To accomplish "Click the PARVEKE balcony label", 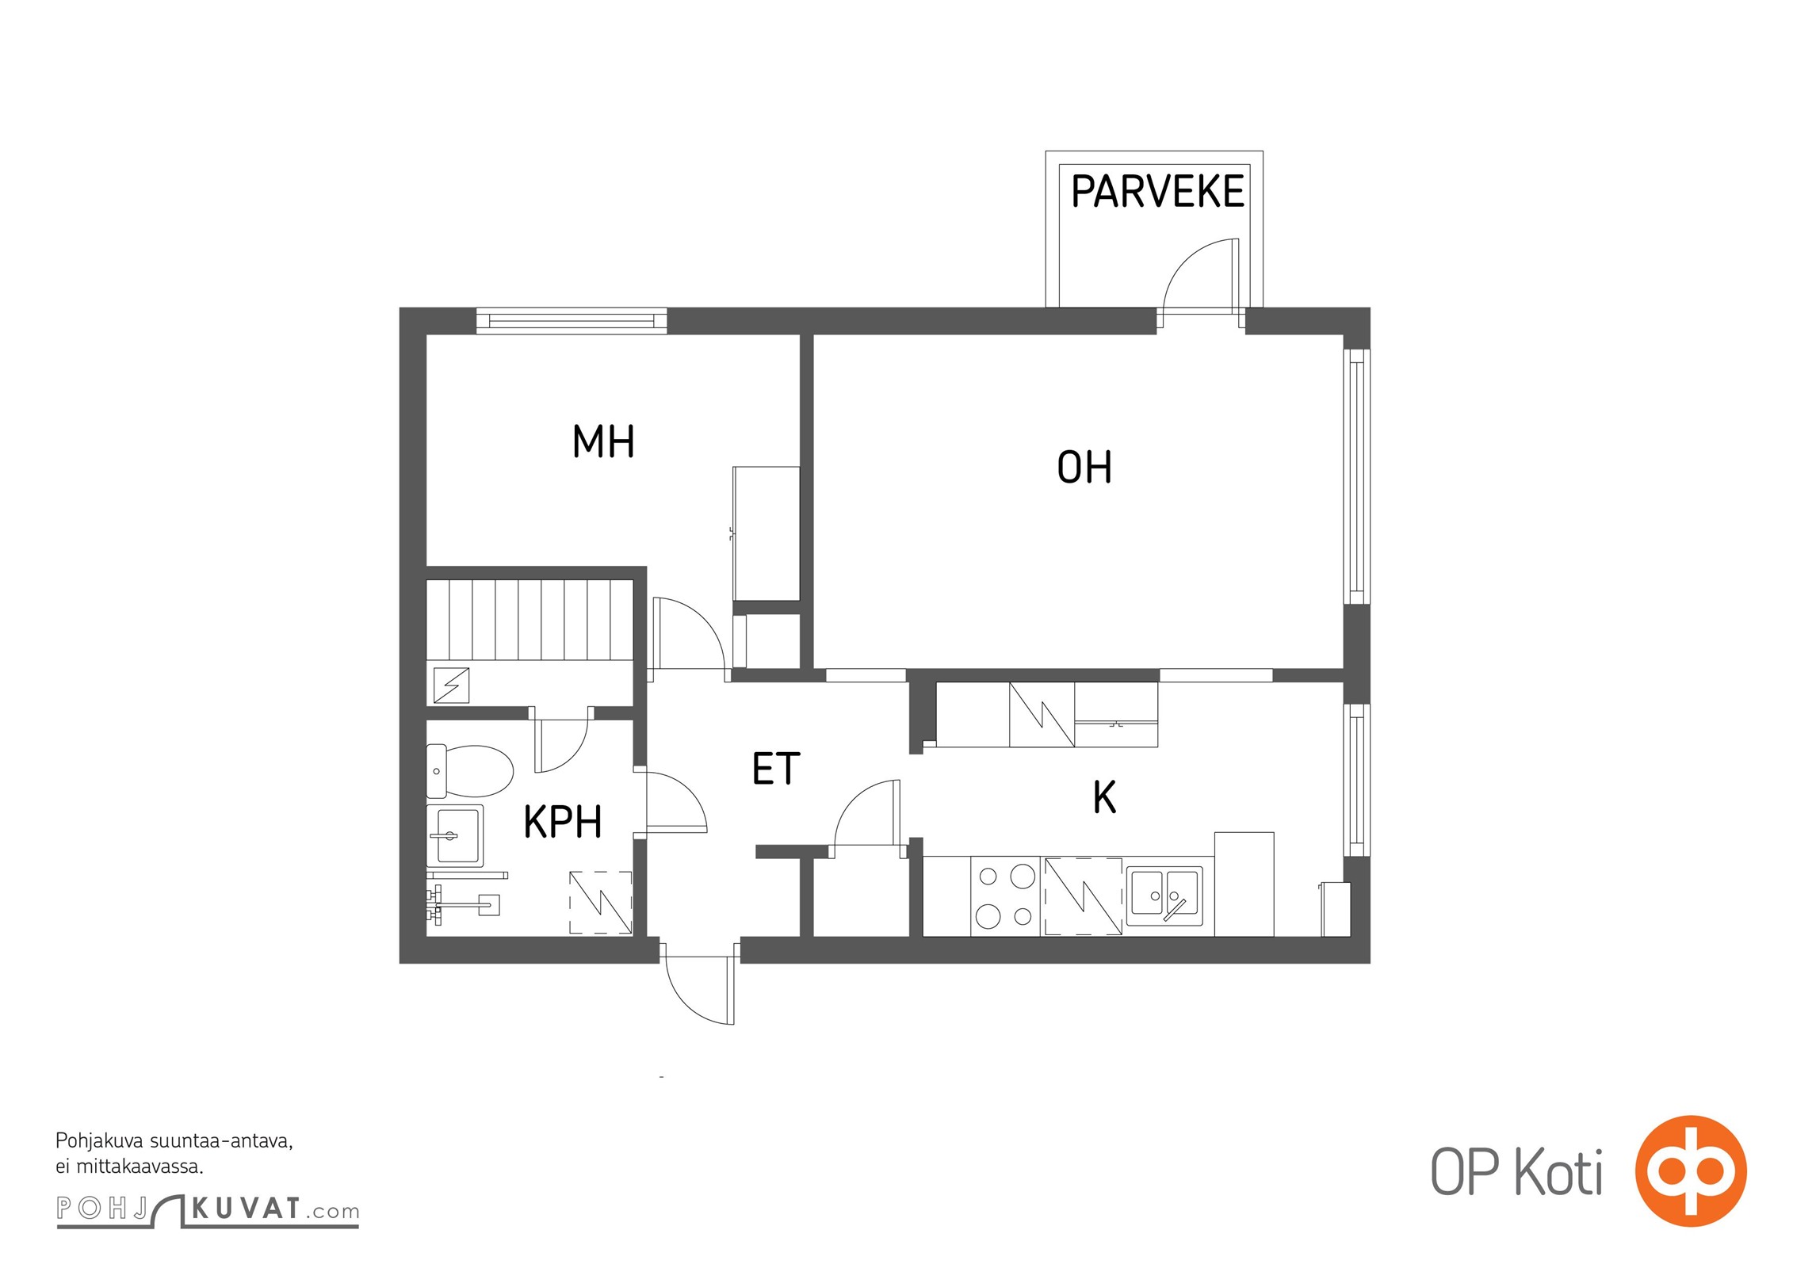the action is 1157,191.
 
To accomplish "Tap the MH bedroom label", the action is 603,441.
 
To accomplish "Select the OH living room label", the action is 1084,467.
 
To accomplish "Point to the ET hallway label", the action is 776,769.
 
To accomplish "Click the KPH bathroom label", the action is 563,821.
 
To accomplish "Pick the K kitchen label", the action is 1104,797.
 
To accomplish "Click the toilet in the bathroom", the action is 470,771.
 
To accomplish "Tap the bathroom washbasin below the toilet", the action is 455,835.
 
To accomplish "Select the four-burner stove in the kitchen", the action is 1005,896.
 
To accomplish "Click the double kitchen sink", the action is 1164,896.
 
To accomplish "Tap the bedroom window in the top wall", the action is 572,321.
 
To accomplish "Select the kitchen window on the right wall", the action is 1356,781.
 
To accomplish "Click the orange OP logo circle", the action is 1691,1171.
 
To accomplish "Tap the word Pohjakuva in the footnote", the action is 101,1142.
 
